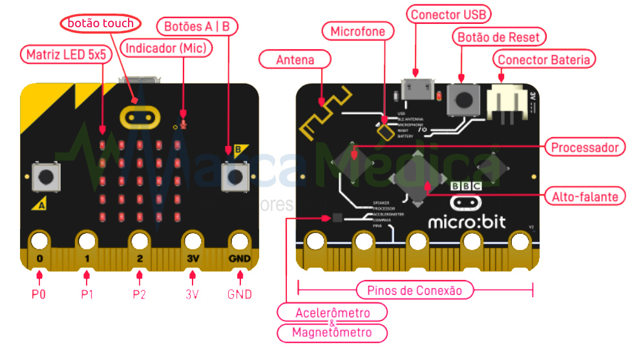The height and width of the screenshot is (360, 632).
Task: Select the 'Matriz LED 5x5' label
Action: click(65, 54)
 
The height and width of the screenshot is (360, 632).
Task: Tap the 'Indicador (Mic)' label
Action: click(168, 48)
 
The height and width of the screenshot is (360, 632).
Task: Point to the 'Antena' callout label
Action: click(295, 59)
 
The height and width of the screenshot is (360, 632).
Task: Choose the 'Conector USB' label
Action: click(450, 14)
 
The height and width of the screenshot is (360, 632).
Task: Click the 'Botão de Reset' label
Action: click(498, 37)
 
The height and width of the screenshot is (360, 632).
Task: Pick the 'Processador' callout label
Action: click(585, 147)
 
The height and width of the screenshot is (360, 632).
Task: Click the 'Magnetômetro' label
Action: click(332, 333)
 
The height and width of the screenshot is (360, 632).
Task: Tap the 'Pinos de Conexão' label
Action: click(414, 290)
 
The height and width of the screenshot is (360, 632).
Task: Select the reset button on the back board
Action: click(463, 99)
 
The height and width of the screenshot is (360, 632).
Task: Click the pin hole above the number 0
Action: click(39, 241)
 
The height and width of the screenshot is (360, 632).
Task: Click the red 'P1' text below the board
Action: click(87, 294)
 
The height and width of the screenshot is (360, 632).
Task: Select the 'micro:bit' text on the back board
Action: click(467, 222)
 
